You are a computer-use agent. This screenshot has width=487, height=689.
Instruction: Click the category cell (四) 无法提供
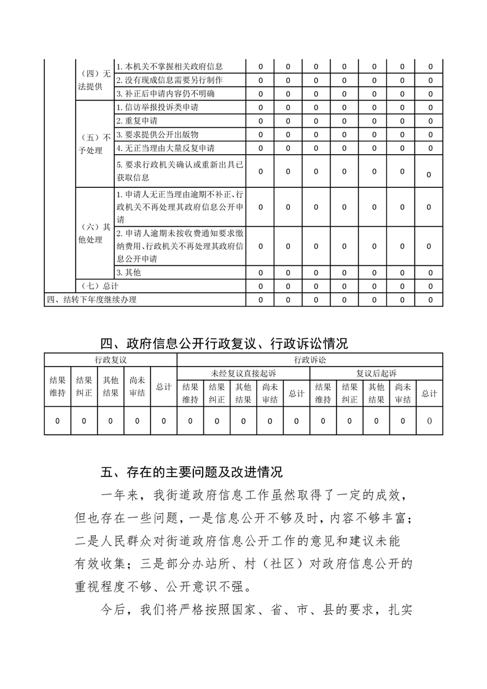(x=95, y=80)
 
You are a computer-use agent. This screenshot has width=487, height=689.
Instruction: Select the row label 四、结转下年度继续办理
(x=92, y=300)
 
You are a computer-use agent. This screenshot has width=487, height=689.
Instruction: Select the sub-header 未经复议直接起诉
(x=243, y=373)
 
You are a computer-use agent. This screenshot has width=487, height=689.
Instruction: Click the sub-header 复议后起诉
(x=376, y=373)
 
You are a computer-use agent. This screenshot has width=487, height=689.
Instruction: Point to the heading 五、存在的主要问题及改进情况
(x=191, y=472)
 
